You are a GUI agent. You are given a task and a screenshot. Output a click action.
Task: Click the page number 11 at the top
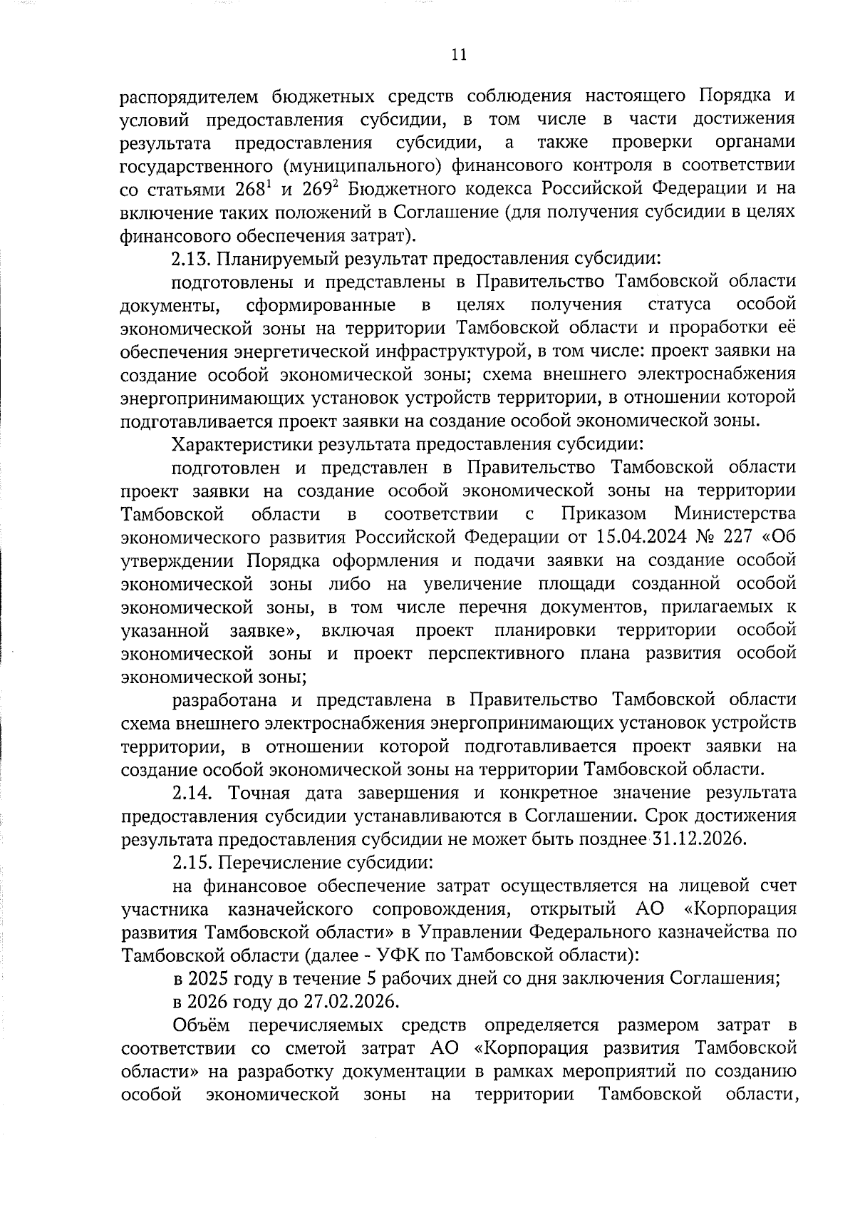(x=459, y=55)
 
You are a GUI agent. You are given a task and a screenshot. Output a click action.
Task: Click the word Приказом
(x=603, y=514)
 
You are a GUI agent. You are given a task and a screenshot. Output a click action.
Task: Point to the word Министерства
(x=735, y=514)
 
